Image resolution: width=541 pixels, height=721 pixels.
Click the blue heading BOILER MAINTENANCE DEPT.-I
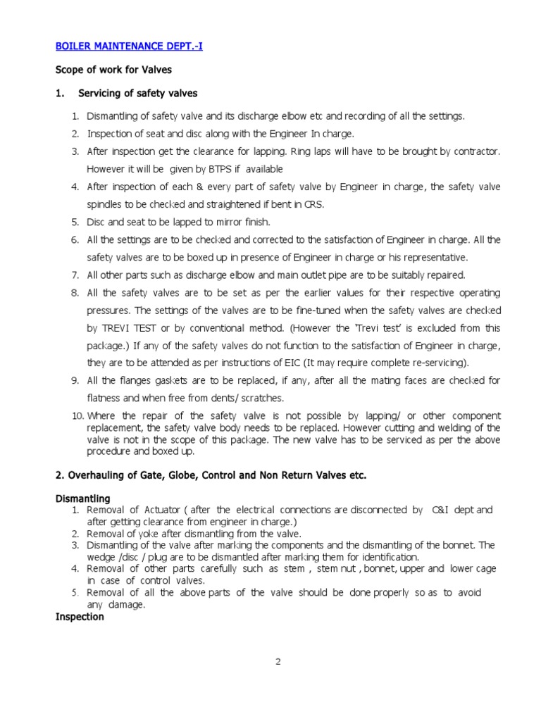click(129, 47)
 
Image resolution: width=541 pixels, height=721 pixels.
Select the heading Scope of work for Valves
click(113, 70)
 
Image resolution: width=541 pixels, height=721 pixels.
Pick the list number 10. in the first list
click(77, 416)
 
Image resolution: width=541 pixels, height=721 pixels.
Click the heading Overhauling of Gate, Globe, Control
click(211, 475)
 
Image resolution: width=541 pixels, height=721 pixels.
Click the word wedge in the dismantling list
click(100, 557)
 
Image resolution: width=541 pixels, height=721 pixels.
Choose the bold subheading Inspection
click(80, 617)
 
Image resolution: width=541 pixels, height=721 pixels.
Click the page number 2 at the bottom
click(278, 662)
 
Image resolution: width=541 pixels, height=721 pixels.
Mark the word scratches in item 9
click(262, 398)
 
